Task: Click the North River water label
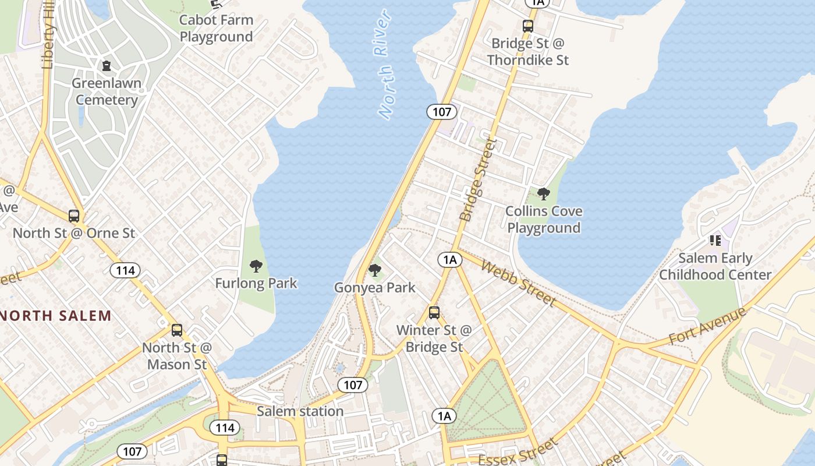(385, 65)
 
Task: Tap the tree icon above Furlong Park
(256, 267)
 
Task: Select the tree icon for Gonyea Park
(375, 270)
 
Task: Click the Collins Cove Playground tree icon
(544, 194)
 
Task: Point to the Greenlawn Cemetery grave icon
(107, 66)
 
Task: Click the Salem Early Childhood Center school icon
(715, 241)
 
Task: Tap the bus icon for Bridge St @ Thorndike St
(528, 26)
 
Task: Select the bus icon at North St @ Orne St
(74, 216)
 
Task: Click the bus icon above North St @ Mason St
(177, 330)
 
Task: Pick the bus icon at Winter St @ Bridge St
(434, 313)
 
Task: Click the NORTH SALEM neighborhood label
(56, 316)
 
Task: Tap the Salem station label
(300, 411)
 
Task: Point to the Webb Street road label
(518, 284)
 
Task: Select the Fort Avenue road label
(707, 326)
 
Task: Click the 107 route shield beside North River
(442, 111)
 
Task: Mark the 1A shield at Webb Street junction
(449, 260)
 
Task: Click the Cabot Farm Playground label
(216, 28)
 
